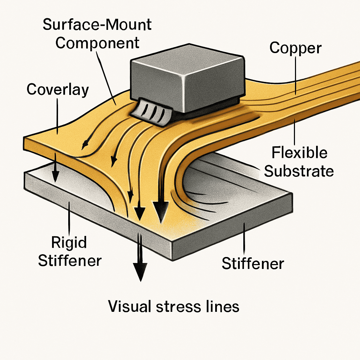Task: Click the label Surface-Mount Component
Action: click(x=97, y=34)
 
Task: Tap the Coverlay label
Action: click(x=58, y=90)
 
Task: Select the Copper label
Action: click(x=295, y=48)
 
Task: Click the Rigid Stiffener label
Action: click(x=70, y=251)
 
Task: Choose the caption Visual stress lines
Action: click(x=174, y=306)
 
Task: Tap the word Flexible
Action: click(x=300, y=153)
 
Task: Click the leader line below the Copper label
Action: click(x=295, y=74)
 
